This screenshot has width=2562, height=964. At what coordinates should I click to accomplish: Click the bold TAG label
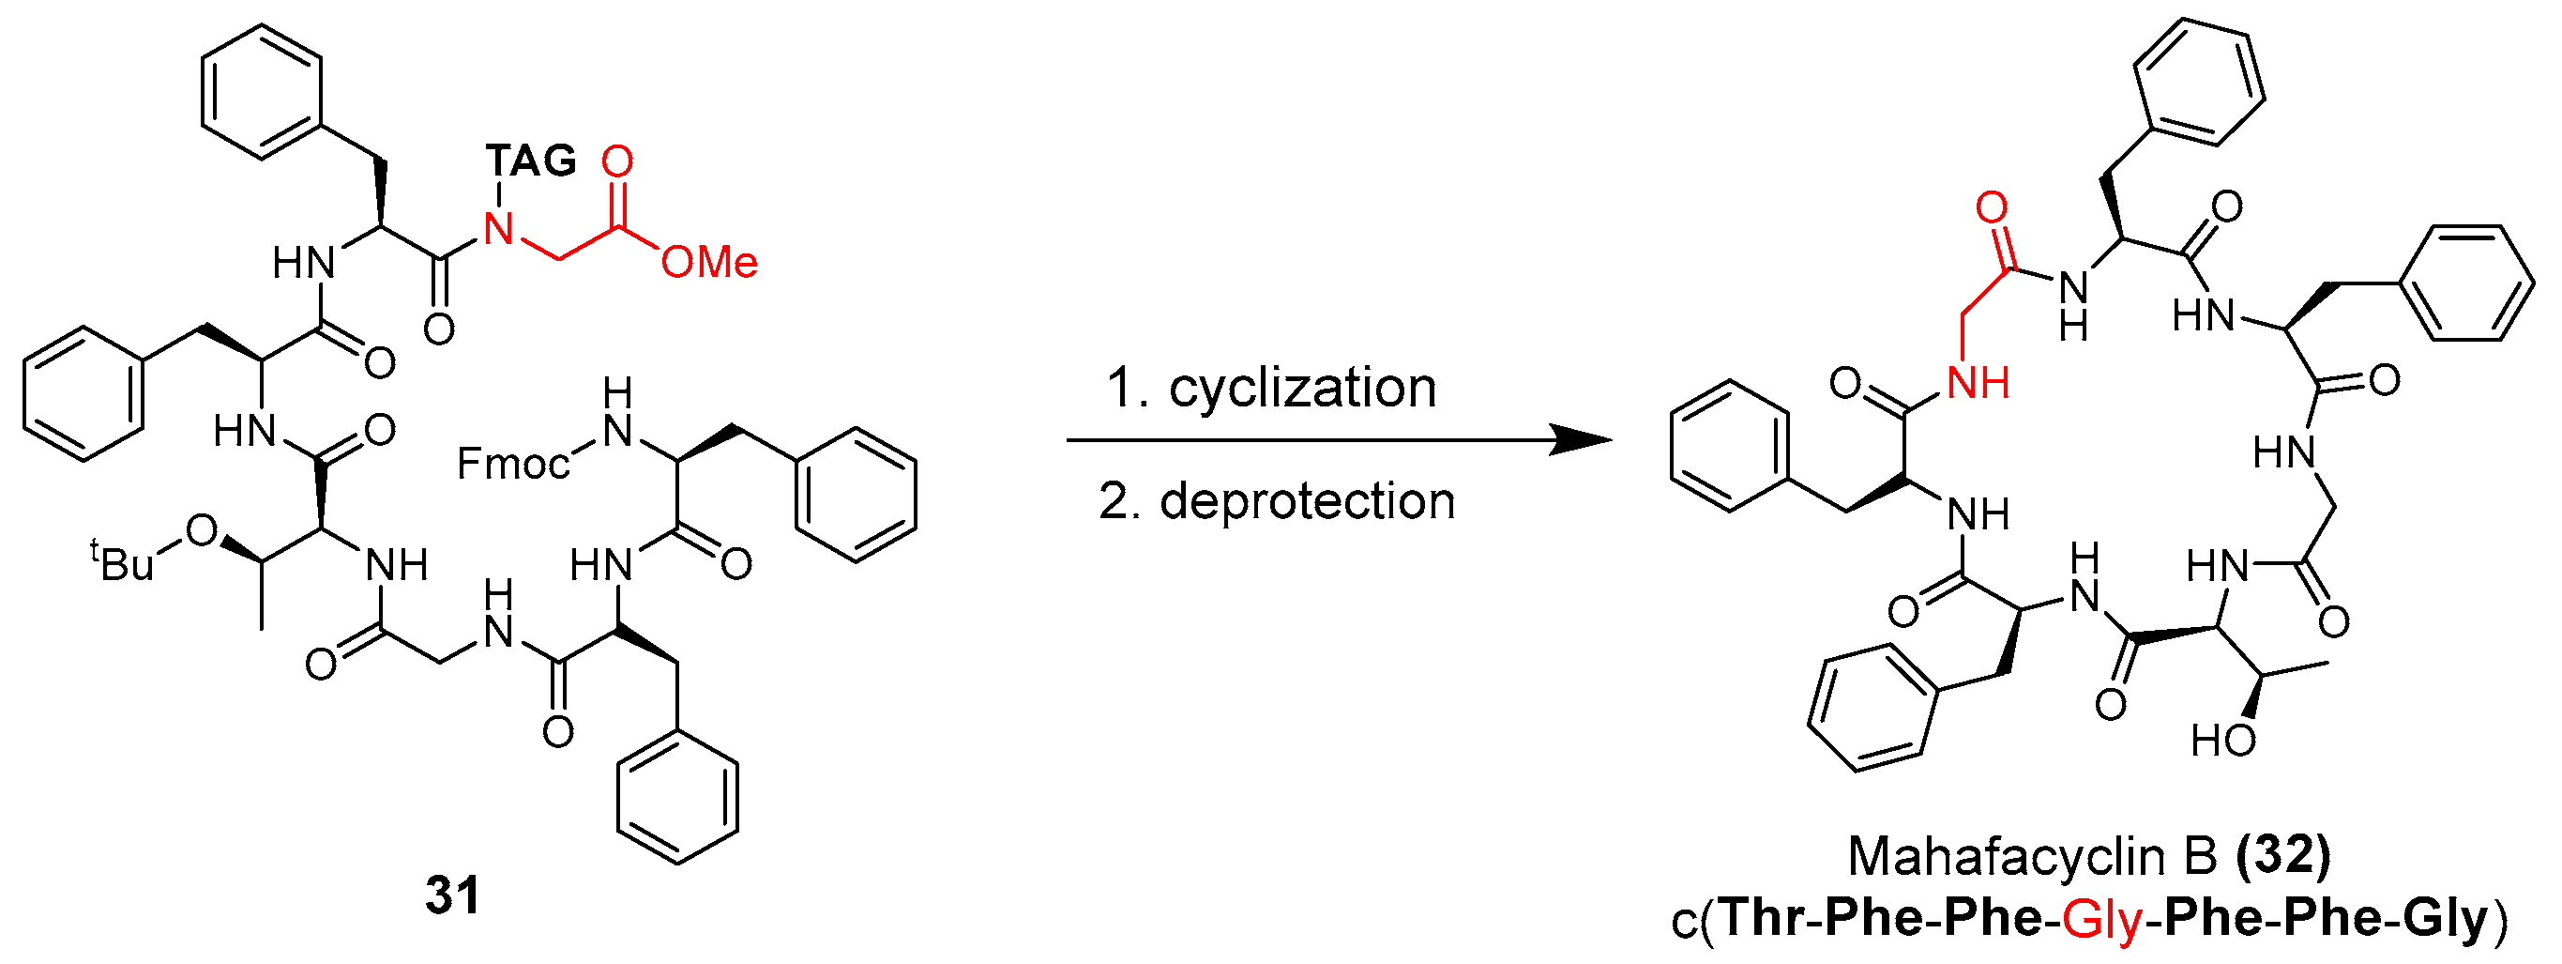click(531, 161)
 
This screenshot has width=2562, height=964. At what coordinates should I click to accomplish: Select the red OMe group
click(709, 263)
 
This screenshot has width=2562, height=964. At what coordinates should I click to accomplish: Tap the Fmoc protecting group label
click(513, 464)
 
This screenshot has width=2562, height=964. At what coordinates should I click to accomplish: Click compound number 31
click(452, 895)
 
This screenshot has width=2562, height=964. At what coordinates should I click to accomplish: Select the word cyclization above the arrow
click(1302, 388)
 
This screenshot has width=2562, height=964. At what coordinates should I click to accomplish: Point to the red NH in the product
click(1978, 383)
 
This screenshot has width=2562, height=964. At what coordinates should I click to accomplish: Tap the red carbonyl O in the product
click(1991, 209)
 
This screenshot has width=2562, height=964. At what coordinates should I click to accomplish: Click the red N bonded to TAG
click(498, 231)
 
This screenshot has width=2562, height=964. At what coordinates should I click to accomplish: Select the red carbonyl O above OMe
click(617, 161)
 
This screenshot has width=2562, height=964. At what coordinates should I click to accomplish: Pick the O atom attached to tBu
click(202, 532)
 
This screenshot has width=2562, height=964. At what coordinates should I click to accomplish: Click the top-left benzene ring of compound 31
click(263, 92)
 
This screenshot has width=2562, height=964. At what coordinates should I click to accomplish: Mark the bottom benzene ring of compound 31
click(677, 797)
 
